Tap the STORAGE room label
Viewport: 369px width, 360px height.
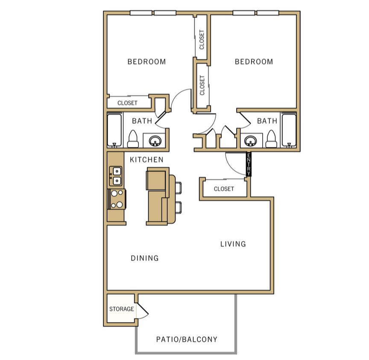(x=121, y=309)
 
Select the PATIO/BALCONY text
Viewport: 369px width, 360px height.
(x=187, y=340)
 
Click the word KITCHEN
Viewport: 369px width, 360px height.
(x=146, y=160)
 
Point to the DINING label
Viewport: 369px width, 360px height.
(x=145, y=258)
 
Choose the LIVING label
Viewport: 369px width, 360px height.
(x=233, y=244)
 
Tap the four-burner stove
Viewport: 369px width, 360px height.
(x=117, y=199)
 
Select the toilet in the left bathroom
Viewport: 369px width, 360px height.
(x=132, y=139)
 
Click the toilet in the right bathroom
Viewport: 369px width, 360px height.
(x=271, y=139)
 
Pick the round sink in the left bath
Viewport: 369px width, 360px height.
(x=155, y=140)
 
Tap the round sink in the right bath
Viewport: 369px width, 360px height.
(x=250, y=140)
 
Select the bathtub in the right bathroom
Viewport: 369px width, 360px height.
(x=289, y=130)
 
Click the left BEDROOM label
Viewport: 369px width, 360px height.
(x=146, y=62)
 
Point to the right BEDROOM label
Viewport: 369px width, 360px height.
(x=254, y=62)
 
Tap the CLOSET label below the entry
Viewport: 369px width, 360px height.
(x=224, y=189)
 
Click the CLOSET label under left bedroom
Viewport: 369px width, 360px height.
(x=127, y=103)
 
